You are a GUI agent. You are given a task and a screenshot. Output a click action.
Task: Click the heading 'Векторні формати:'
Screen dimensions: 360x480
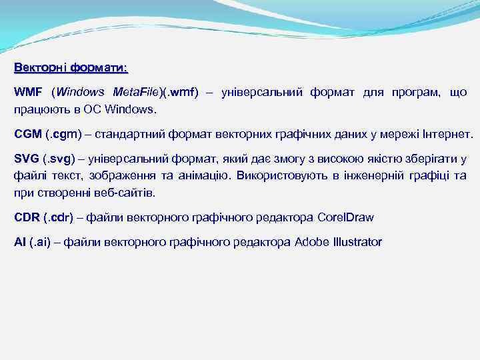tap(71, 68)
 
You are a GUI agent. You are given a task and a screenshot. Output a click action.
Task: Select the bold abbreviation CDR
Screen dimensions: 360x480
tap(27, 217)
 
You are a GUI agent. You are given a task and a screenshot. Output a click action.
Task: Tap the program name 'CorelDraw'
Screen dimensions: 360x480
tap(346, 217)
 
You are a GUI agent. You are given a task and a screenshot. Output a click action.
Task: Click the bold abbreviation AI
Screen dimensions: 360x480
tap(20, 242)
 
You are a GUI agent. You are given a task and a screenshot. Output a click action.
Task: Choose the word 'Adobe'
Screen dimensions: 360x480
tap(310, 242)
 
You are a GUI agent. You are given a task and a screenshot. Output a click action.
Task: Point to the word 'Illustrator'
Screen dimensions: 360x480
tap(356, 242)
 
